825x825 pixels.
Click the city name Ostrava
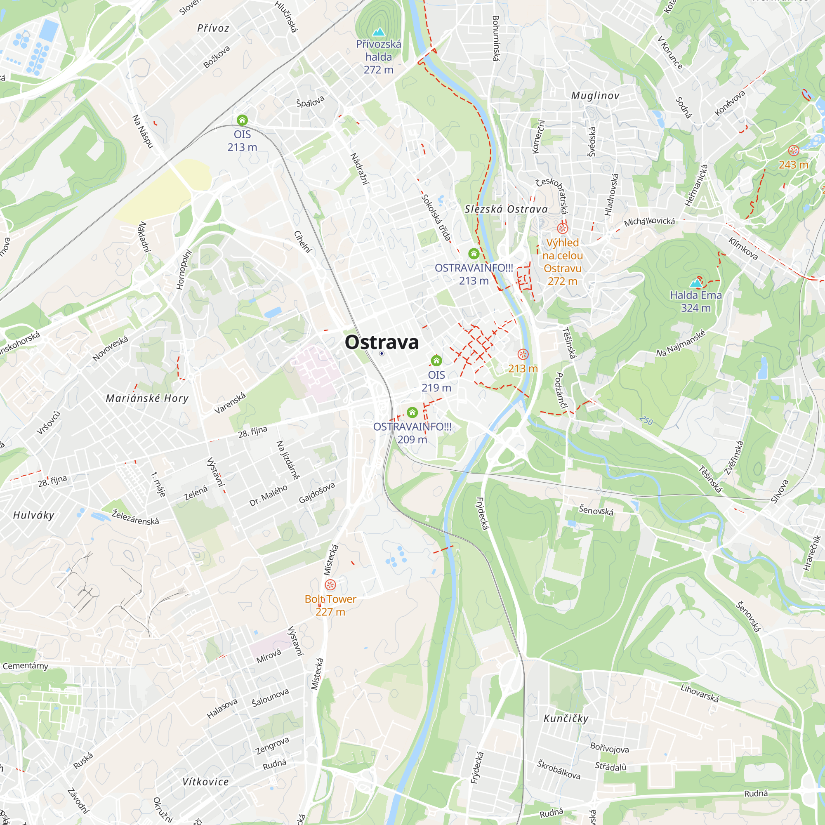(382, 342)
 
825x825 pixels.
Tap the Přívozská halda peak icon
(378, 32)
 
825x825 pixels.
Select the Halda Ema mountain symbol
(696, 283)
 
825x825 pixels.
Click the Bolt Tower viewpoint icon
(330, 585)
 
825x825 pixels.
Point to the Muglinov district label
(595, 96)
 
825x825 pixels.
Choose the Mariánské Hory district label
(147, 398)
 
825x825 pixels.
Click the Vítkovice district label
(205, 782)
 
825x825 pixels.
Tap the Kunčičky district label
(566, 719)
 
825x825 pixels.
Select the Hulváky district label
(34, 515)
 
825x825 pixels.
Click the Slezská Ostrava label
(506, 209)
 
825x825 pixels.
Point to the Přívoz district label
(213, 28)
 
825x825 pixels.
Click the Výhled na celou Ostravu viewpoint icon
(562, 228)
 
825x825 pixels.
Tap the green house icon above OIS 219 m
(436, 361)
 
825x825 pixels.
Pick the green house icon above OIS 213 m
(242, 120)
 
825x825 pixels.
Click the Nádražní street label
(359, 169)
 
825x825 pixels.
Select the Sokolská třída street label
(436, 217)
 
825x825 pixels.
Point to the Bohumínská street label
(496, 38)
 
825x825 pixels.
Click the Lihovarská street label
(700, 693)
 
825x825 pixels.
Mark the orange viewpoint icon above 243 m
(793, 150)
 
